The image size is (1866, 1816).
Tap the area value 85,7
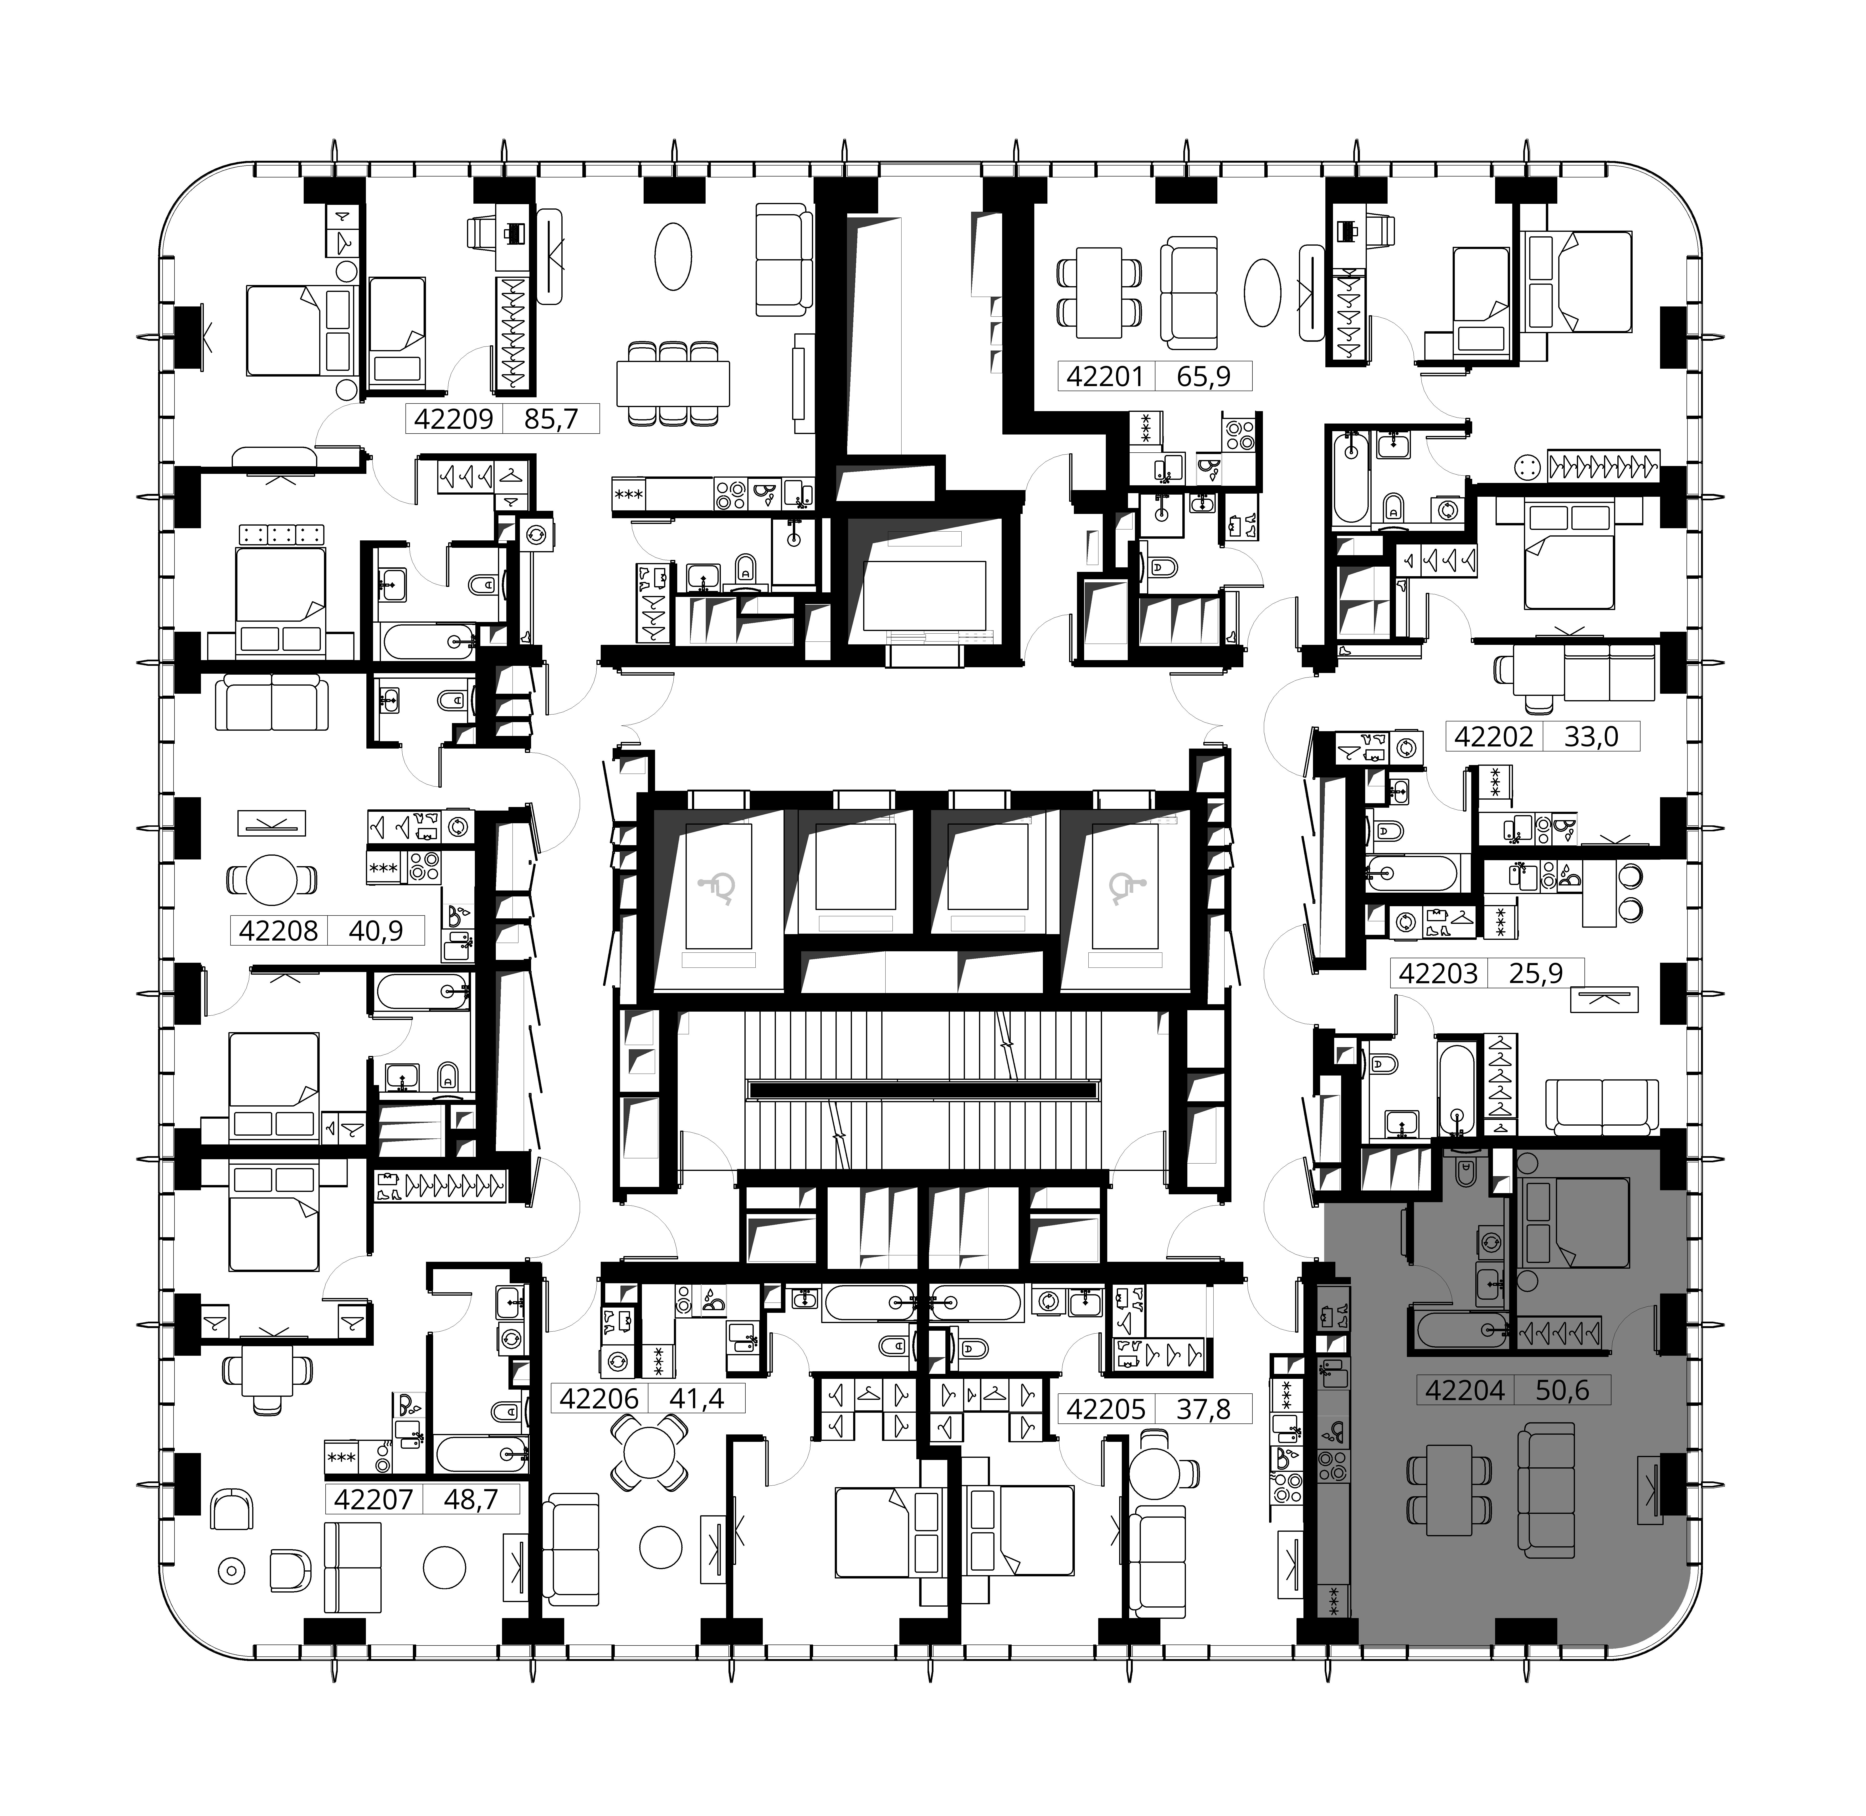point(551,419)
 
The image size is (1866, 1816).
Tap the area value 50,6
point(1563,1391)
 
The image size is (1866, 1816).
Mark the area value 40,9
point(375,930)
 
